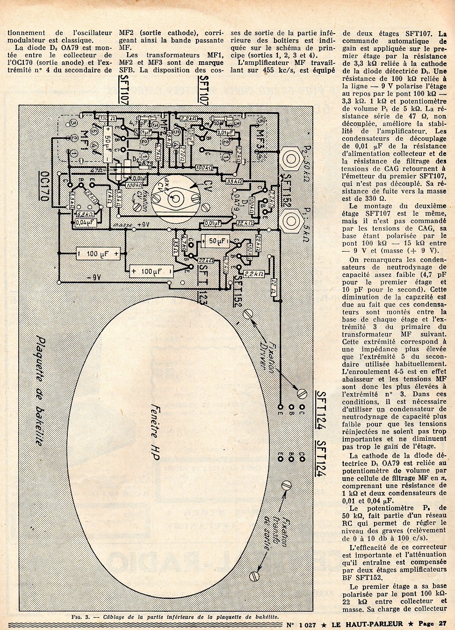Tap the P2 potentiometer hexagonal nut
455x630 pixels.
click(292, 159)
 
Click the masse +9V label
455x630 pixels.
click(131, 227)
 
